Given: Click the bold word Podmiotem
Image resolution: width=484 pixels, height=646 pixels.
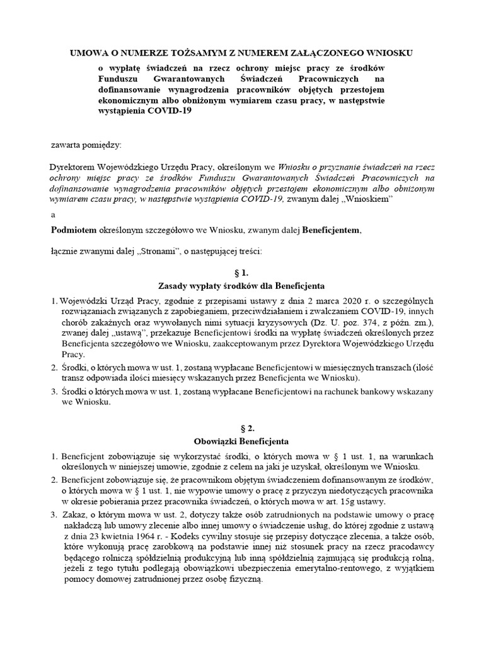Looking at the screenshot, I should (x=72, y=230).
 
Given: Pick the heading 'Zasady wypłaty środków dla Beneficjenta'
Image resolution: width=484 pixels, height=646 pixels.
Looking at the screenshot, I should (x=242, y=287).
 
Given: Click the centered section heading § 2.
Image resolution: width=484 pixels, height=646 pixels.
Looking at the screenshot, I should (x=242, y=427).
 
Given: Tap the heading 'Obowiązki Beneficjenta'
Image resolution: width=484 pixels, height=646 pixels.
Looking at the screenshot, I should (x=242, y=440).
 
